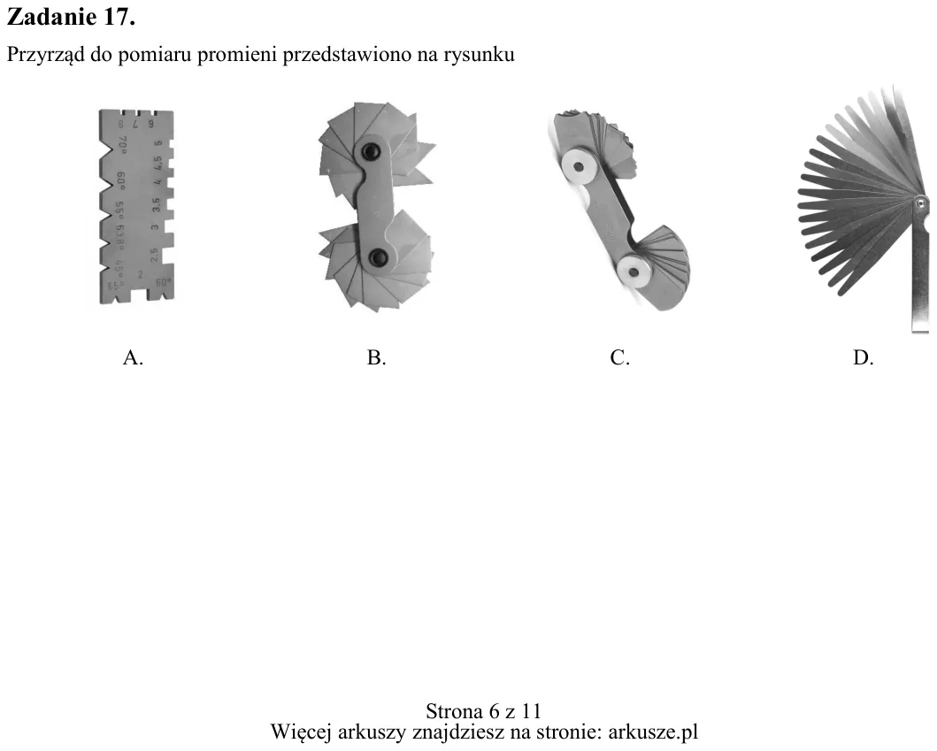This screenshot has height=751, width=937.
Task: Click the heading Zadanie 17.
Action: point(71,17)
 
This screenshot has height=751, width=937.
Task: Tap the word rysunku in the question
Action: point(480,55)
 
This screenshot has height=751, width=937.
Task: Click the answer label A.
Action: point(133,357)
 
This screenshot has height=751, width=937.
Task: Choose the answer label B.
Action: point(376,357)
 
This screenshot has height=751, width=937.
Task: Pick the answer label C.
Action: point(619,357)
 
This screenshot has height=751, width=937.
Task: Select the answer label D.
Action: point(864,357)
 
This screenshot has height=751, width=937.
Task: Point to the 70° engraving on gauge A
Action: point(122,143)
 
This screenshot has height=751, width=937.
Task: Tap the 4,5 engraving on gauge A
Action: point(157,163)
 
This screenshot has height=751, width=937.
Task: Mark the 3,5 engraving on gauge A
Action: point(156,204)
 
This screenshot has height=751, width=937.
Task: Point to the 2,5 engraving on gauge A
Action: point(154,255)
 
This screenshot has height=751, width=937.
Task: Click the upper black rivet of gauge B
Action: point(369,150)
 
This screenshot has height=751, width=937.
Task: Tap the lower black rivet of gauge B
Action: point(378,258)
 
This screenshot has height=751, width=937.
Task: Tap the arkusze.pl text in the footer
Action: point(653,732)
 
